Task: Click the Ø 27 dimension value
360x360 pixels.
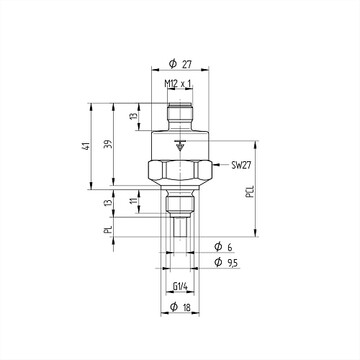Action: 180,64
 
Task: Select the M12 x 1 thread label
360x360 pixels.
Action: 178,84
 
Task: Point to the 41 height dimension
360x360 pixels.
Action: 86,146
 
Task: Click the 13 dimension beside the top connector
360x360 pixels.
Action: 133,116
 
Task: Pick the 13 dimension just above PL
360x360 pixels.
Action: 108,202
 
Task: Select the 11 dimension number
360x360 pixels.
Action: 134,201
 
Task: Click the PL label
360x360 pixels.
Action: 108,229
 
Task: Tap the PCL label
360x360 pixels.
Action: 250,192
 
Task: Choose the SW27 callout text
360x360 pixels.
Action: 241,165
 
